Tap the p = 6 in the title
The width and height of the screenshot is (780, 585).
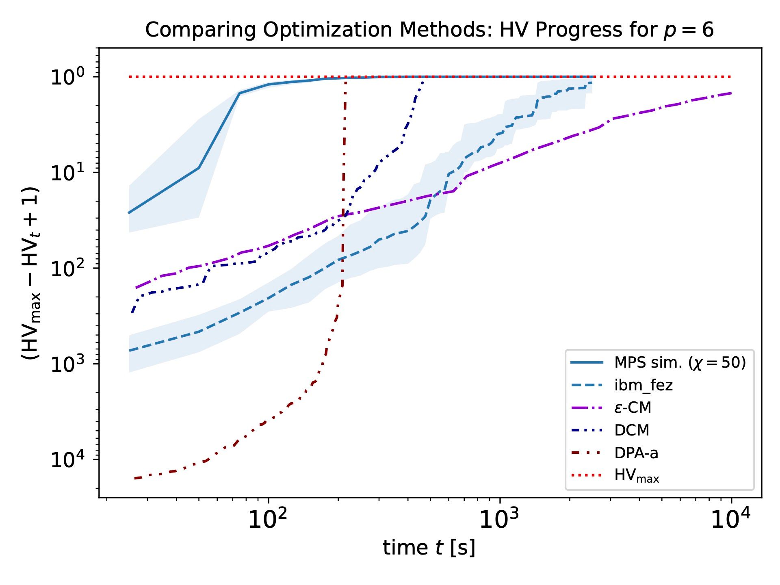pos(689,30)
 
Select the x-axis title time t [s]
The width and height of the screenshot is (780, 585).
pos(429,548)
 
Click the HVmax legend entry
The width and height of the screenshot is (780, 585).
pos(636,475)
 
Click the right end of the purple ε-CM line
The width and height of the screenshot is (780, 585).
pos(731,93)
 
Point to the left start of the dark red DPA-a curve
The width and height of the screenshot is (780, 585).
pos(135,479)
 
